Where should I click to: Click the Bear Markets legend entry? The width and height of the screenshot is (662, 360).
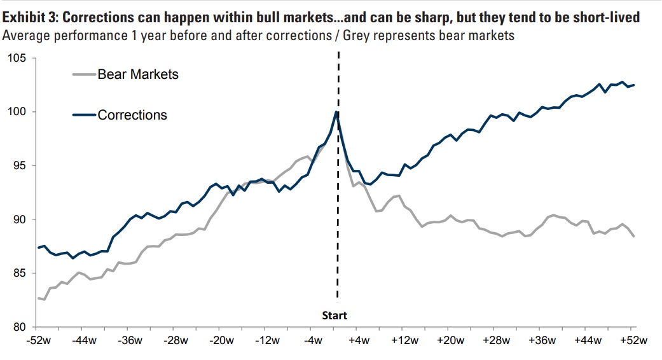pos(137,74)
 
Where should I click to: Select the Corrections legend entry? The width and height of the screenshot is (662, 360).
pos(132,115)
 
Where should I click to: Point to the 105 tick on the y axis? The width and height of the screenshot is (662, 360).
pos(17,59)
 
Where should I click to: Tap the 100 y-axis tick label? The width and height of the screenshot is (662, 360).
pos(17,112)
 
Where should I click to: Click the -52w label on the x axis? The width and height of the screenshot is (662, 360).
pos(38,340)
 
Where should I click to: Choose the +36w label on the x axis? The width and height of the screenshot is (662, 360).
pos(541,340)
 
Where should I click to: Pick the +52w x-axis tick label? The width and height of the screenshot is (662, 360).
pos(633,340)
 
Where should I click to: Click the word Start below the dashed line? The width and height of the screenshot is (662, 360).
pos(335,315)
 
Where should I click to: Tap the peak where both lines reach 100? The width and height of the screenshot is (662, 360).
pos(336,112)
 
